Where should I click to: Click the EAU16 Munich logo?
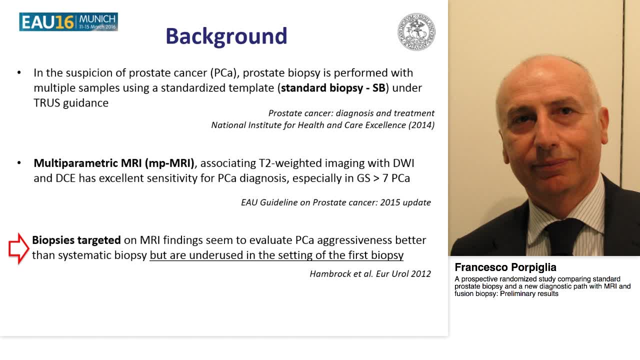click(68, 22)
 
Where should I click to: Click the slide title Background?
click(226, 36)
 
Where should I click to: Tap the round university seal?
click(416, 32)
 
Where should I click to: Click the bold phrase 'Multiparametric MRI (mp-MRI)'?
click(114, 163)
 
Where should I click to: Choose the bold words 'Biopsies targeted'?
click(76, 240)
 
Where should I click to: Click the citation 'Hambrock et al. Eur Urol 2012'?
click(370, 273)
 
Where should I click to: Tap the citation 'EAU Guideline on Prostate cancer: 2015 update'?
click(335, 202)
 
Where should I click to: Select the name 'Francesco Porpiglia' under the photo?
click(505, 267)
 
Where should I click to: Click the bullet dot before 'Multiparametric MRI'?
click(19, 163)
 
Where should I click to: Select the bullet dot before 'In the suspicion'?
click(19, 73)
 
